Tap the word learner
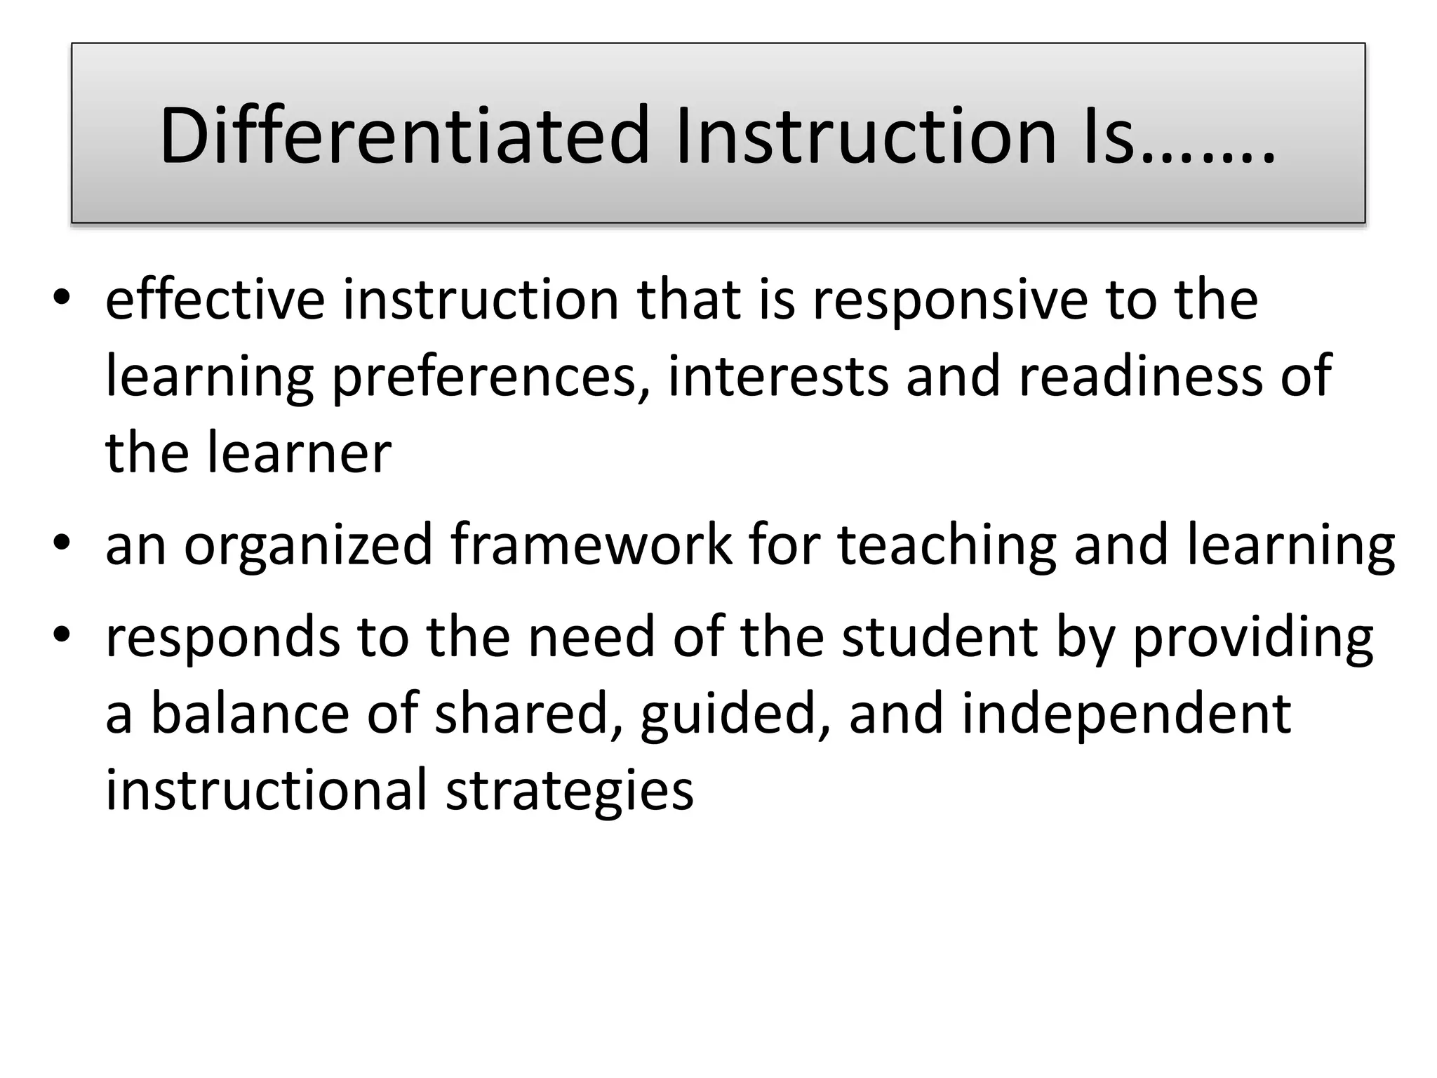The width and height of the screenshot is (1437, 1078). pos(299,453)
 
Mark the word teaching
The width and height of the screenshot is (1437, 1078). pos(947,546)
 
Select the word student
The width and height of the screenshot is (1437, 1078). pos(940,637)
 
